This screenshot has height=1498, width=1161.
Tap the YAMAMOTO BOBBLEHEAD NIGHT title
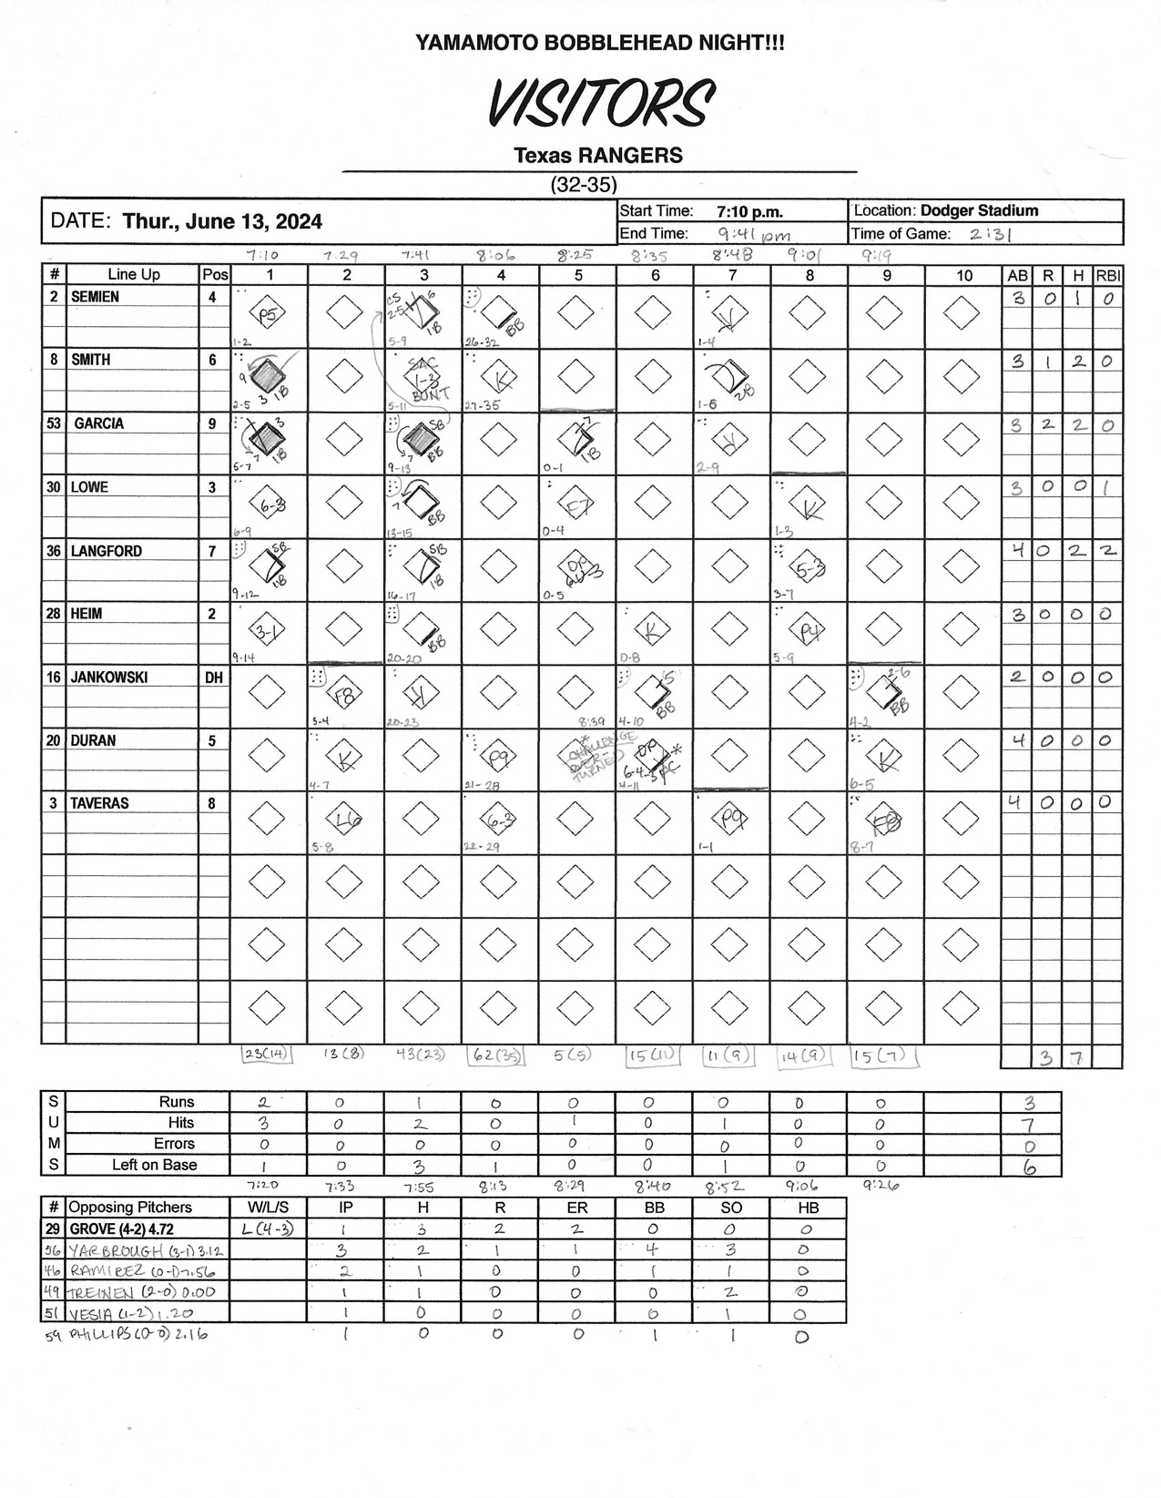[x=599, y=42]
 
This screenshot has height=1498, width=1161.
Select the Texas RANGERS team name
[x=598, y=156]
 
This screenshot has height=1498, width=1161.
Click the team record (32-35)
[x=584, y=184]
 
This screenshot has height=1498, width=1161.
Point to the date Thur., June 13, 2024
[x=221, y=221]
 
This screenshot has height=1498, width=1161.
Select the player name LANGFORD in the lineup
[x=106, y=551]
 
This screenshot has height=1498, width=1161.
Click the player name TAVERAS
[x=100, y=803]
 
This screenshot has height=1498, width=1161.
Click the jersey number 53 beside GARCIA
[x=55, y=423]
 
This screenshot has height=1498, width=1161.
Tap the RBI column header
[x=1107, y=275]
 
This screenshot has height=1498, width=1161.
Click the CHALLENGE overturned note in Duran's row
[x=590, y=753]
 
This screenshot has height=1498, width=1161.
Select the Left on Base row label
[x=154, y=1165]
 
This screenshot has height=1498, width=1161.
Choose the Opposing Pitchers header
[x=130, y=1208]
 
